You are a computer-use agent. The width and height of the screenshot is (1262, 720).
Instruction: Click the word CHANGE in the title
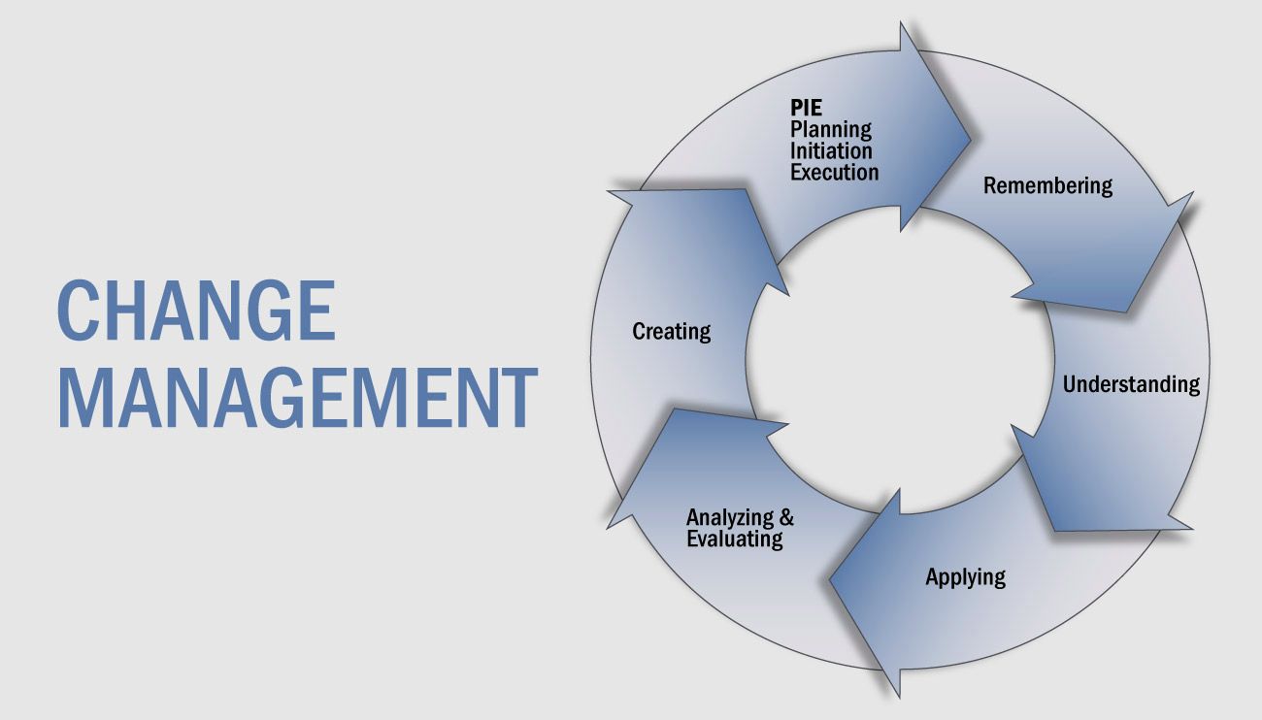197,311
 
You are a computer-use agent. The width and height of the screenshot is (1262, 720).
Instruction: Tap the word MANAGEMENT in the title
297,398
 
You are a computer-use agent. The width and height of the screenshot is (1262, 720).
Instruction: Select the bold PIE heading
806,107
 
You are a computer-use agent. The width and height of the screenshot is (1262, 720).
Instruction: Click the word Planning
831,129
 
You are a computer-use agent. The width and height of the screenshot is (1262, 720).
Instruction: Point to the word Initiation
831,150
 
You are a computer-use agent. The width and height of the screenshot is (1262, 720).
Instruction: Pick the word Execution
835,172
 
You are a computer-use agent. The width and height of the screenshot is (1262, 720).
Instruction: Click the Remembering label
1047,185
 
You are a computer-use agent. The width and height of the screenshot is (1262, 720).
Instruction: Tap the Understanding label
1131,384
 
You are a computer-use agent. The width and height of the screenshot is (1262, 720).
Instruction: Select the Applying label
966,577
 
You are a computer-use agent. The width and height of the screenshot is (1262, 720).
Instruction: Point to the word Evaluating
735,539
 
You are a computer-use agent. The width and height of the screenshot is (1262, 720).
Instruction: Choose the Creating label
672,332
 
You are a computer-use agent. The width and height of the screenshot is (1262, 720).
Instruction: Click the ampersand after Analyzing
786,517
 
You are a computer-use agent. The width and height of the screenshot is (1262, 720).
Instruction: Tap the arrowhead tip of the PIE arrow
970,139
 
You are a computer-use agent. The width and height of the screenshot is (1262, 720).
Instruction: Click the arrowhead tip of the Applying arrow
829,578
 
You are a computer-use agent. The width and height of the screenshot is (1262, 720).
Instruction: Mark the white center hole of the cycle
900,359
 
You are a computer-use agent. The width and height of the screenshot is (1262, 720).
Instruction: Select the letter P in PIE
797,107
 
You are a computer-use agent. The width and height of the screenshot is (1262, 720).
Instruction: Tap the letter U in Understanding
1071,384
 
